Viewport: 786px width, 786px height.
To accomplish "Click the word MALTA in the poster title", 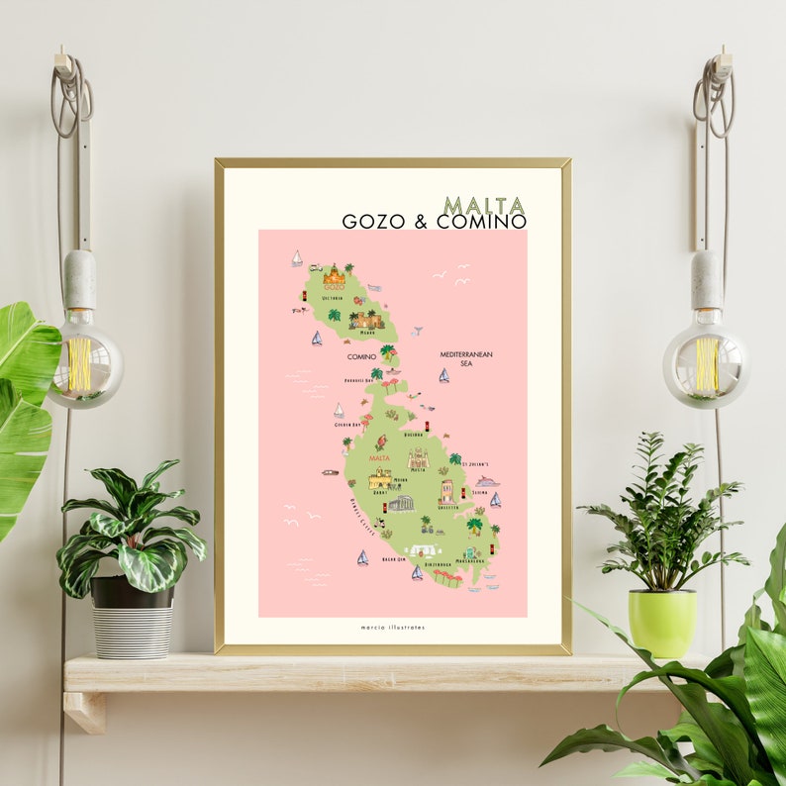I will pyautogui.click(x=484, y=205).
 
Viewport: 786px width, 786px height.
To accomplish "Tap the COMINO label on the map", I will pyautogui.click(x=361, y=356).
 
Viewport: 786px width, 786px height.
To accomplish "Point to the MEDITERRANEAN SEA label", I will pyautogui.click(x=466, y=358).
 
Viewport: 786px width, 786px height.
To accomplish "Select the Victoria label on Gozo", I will pyautogui.click(x=333, y=298).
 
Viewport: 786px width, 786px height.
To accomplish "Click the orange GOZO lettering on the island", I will pyautogui.click(x=335, y=285).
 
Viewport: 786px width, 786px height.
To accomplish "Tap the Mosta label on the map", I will pyautogui.click(x=418, y=471).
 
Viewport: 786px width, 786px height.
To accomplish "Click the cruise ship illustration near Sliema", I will pyautogui.click(x=486, y=482).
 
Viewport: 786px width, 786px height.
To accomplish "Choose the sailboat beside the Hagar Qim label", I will pyautogui.click(x=362, y=558).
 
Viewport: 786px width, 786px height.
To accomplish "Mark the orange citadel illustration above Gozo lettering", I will pyautogui.click(x=335, y=272).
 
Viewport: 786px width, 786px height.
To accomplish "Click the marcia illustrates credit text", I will pyautogui.click(x=392, y=628).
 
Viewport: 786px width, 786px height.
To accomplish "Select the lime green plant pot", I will pyautogui.click(x=661, y=623).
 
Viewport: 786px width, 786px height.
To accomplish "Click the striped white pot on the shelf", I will pyautogui.click(x=132, y=630).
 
